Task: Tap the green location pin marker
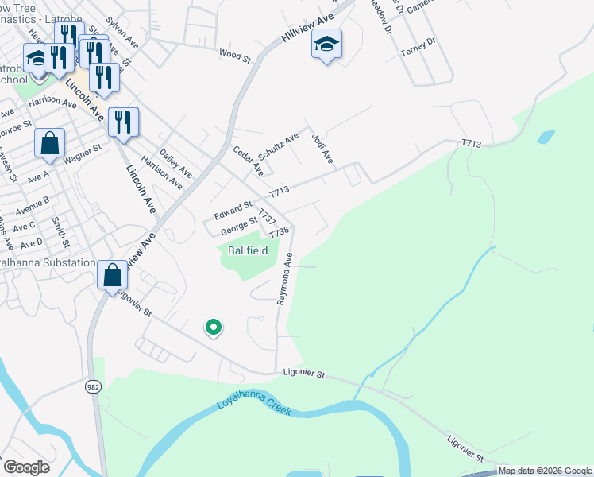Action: tap(213, 327)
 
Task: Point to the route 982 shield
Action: tap(94, 386)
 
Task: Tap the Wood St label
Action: tap(234, 56)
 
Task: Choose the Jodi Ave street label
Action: tap(322, 149)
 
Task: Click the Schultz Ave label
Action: tap(279, 146)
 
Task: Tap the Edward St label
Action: tap(233, 211)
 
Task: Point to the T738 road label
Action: tap(277, 233)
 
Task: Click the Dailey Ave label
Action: tap(176, 161)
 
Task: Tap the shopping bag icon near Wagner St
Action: tap(49, 144)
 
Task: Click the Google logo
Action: tap(27, 467)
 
